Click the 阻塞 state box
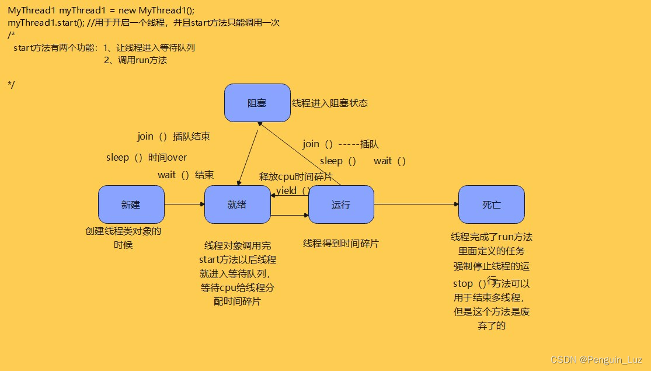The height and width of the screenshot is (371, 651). click(257, 103)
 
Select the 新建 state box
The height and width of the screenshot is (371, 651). click(131, 204)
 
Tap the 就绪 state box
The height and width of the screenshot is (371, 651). click(237, 204)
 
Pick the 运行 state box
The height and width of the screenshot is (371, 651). click(341, 204)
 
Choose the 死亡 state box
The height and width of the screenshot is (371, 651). click(491, 204)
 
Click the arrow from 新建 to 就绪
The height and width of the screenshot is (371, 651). click(184, 204)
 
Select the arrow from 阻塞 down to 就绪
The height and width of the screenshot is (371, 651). click(248, 155)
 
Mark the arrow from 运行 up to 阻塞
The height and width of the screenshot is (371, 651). click(301, 154)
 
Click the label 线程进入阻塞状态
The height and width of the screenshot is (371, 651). click(330, 103)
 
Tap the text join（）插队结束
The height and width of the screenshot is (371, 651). click(174, 137)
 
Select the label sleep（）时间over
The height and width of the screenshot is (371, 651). click(147, 157)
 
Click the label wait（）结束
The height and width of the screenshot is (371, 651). click(186, 175)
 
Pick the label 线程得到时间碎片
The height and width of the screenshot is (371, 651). click(340, 244)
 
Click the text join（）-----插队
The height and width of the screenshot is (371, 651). click(340, 144)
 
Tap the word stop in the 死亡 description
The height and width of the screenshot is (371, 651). click(463, 284)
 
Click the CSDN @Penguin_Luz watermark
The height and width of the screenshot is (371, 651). click(596, 360)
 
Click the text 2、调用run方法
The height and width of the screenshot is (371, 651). click(135, 60)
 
